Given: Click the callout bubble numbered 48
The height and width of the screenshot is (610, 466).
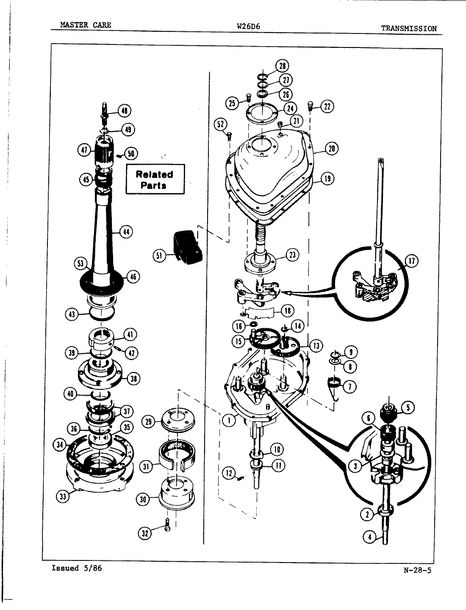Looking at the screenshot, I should coord(124,111).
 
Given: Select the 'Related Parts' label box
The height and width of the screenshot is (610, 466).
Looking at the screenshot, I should coord(155,180).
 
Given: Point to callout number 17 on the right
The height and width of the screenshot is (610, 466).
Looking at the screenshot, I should coord(411,261).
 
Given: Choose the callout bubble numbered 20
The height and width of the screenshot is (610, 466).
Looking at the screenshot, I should coord(332,148).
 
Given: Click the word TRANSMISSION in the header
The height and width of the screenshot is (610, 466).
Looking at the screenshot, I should coord(408,28).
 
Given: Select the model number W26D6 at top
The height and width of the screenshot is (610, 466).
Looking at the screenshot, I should coord(248,26).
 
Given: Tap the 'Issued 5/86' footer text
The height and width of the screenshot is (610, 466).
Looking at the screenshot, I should coord(76,568).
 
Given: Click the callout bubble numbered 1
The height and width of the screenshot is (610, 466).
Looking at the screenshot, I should coord(229,421).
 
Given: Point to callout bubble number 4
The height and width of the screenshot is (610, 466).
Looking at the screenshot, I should coord(370,537).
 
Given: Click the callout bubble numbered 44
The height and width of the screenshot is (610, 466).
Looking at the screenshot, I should coord(126,231).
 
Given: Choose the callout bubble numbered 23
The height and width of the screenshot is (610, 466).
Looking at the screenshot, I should coord(291,255).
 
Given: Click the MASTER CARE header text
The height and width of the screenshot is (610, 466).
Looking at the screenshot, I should coord(86,25).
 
